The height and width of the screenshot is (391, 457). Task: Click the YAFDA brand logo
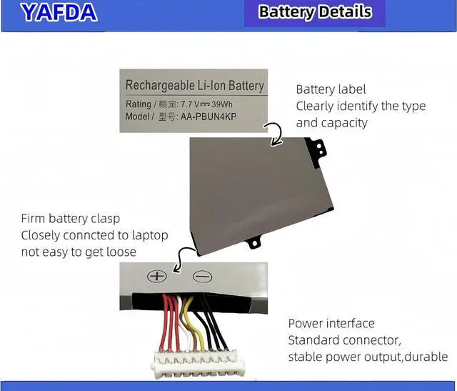point(58,11)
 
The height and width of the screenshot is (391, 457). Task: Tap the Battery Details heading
point(315,12)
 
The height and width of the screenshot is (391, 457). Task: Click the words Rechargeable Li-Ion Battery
point(194,86)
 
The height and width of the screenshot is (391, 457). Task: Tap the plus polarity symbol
point(156,276)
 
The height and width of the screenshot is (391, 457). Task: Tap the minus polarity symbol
point(202,276)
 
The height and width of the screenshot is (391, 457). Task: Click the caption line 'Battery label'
point(331,89)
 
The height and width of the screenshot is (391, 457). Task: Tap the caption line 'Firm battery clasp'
point(70,219)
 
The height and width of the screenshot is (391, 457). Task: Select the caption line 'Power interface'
point(331,323)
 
